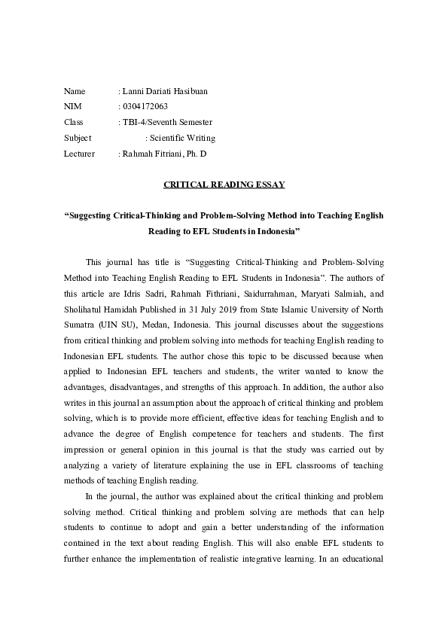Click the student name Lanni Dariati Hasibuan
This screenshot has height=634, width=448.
point(165,91)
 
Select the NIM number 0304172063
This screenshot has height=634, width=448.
point(145,107)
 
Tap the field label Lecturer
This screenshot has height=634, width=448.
point(79,154)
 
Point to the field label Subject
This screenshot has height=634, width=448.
point(78,138)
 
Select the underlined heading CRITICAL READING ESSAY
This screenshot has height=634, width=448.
point(224,184)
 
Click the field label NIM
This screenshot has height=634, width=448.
point(72,107)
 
